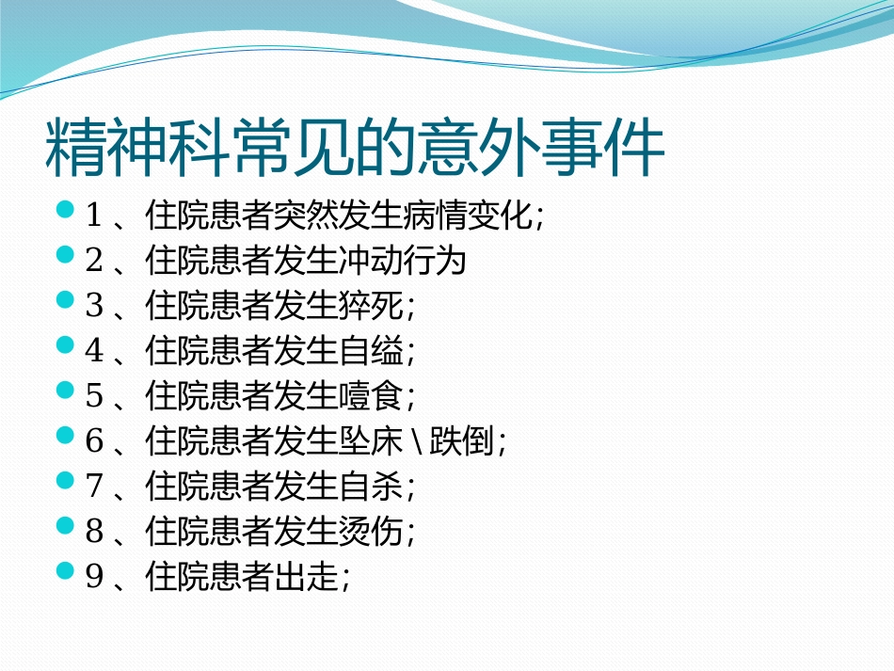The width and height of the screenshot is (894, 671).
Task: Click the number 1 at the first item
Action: click(x=93, y=216)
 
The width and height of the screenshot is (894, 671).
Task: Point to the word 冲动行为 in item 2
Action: click(x=403, y=261)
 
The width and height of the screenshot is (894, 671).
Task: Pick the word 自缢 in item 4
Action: click(x=371, y=351)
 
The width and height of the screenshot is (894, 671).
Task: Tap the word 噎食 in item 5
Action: click(x=371, y=396)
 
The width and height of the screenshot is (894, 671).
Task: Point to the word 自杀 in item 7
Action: click(x=371, y=487)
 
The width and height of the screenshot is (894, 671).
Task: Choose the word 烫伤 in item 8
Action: click(x=371, y=532)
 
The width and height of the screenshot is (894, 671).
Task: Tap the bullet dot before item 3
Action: click(x=64, y=300)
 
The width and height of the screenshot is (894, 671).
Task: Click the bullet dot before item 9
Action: click(x=64, y=571)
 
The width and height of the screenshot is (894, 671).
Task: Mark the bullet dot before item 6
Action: click(x=64, y=436)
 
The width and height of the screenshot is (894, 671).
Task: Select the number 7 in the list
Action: click(x=93, y=487)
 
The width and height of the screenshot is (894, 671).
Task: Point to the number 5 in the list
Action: click(x=93, y=396)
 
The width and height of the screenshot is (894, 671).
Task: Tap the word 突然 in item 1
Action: click(x=306, y=216)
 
